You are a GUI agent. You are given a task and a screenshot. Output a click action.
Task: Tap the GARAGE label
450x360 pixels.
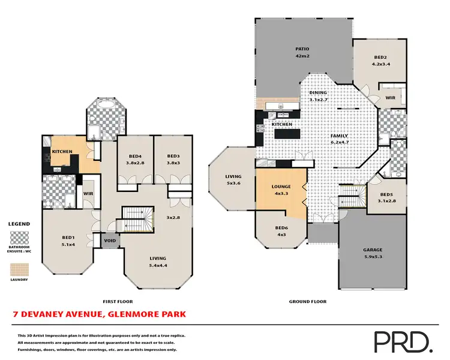click(x=372, y=250)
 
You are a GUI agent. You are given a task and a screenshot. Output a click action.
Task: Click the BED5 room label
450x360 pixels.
click(x=387, y=194)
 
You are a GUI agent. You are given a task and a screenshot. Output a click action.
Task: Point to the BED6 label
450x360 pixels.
click(x=281, y=227)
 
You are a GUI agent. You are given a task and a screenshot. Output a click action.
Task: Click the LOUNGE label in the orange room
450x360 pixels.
click(x=281, y=187)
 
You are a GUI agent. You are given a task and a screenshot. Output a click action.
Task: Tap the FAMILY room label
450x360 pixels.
click(x=339, y=136)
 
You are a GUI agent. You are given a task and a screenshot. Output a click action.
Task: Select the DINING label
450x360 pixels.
click(x=318, y=93)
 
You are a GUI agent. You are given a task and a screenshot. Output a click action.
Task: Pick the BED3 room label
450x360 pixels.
click(x=173, y=155)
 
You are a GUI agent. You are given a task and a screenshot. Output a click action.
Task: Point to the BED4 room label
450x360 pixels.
click(x=135, y=155)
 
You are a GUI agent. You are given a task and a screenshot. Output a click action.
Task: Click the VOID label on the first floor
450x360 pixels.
click(x=110, y=241)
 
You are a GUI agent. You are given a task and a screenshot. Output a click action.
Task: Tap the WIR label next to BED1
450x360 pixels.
click(x=88, y=194)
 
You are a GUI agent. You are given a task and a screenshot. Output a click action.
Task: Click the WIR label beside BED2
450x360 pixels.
click(x=389, y=97)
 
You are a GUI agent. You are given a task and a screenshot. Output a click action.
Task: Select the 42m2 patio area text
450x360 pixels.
click(x=302, y=56)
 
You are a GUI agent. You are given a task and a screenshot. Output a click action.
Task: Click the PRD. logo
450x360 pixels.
click(x=403, y=341)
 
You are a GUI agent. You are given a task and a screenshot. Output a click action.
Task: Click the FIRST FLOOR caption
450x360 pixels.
click(x=118, y=302)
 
